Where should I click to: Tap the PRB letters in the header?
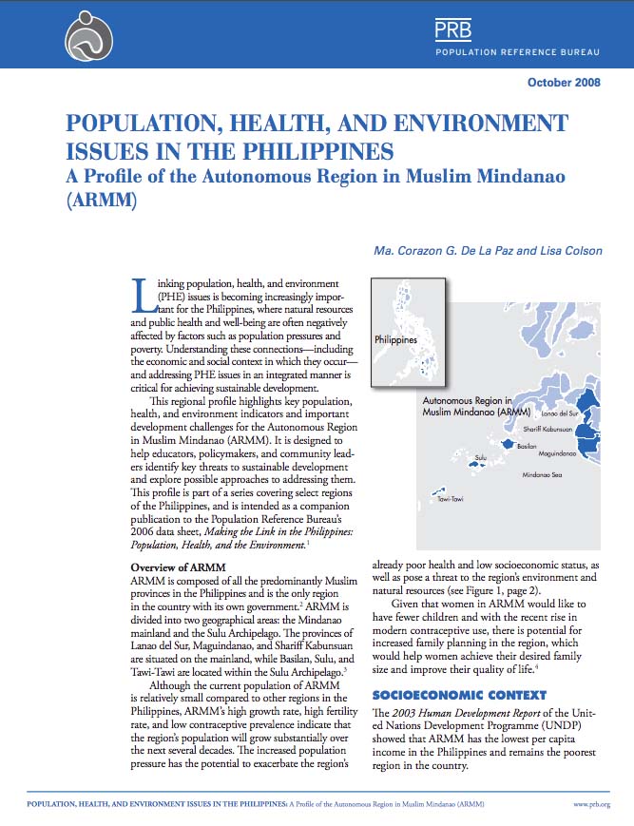pyautogui.click(x=453, y=30)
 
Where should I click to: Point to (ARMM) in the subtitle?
pyautogui.click(x=98, y=202)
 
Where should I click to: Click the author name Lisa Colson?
pyautogui.click(x=567, y=252)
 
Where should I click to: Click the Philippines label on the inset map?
pyautogui.click(x=395, y=339)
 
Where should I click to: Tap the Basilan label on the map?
pyautogui.click(x=528, y=446)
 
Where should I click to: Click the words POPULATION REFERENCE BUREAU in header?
pyautogui.click(x=517, y=50)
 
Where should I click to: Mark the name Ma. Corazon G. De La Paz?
pyautogui.click(x=438, y=252)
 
